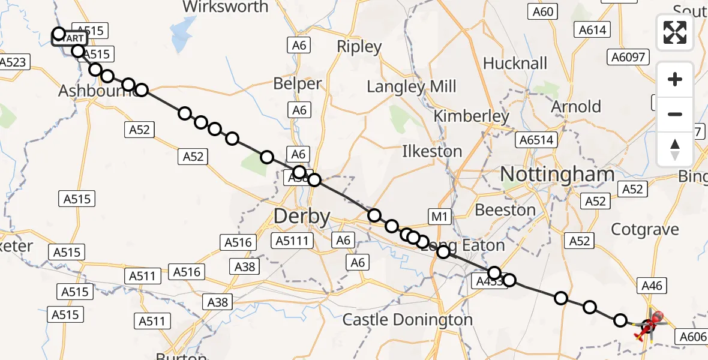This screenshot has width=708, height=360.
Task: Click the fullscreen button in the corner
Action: [x=675, y=32]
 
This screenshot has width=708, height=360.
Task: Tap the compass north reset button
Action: [x=675, y=149]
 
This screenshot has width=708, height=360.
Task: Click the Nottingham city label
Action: [x=557, y=175]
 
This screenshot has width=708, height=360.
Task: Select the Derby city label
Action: [x=302, y=217]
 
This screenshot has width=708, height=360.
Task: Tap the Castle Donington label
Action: [x=407, y=320]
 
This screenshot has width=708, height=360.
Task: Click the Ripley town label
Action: [x=359, y=46]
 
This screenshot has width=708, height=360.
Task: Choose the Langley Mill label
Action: [x=412, y=86]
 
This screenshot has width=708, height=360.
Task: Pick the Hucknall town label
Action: [x=515, y=63]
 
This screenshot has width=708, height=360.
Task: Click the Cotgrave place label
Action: [x=644, y=229]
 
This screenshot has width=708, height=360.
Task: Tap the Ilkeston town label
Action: [x=432, y=151]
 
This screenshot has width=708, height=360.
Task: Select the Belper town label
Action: [x=298, y=84]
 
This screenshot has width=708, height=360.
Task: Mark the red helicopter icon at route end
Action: [x=651, y=324]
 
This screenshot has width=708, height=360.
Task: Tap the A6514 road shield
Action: [x=536, y=140]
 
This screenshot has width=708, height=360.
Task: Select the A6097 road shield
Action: [x=628, y=57]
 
